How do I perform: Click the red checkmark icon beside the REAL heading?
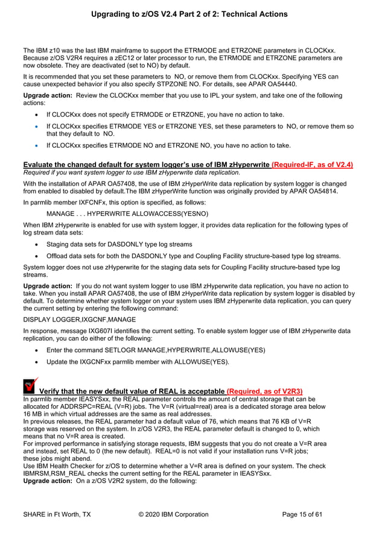pyautogui.click(x=30, y=386)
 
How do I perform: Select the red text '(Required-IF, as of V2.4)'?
pyautogui.click(x=312, y=164)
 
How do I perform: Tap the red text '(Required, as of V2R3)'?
pyautogui.click(x=264, y=391)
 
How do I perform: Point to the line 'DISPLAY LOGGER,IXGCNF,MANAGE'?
pyautogui.click(x=79, y=319)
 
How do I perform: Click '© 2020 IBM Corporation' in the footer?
pyautogui.click(x=173, y=514)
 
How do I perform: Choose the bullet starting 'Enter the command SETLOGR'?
pyautogui.click(x=147, y=349)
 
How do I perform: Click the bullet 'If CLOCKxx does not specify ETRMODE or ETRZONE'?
pyautogui.click(x=156, y=114)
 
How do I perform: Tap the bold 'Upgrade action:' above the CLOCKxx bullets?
pyautogui.click(x=48, y=96)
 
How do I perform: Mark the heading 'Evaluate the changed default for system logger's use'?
pyautogui.click(x=146, y=164)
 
